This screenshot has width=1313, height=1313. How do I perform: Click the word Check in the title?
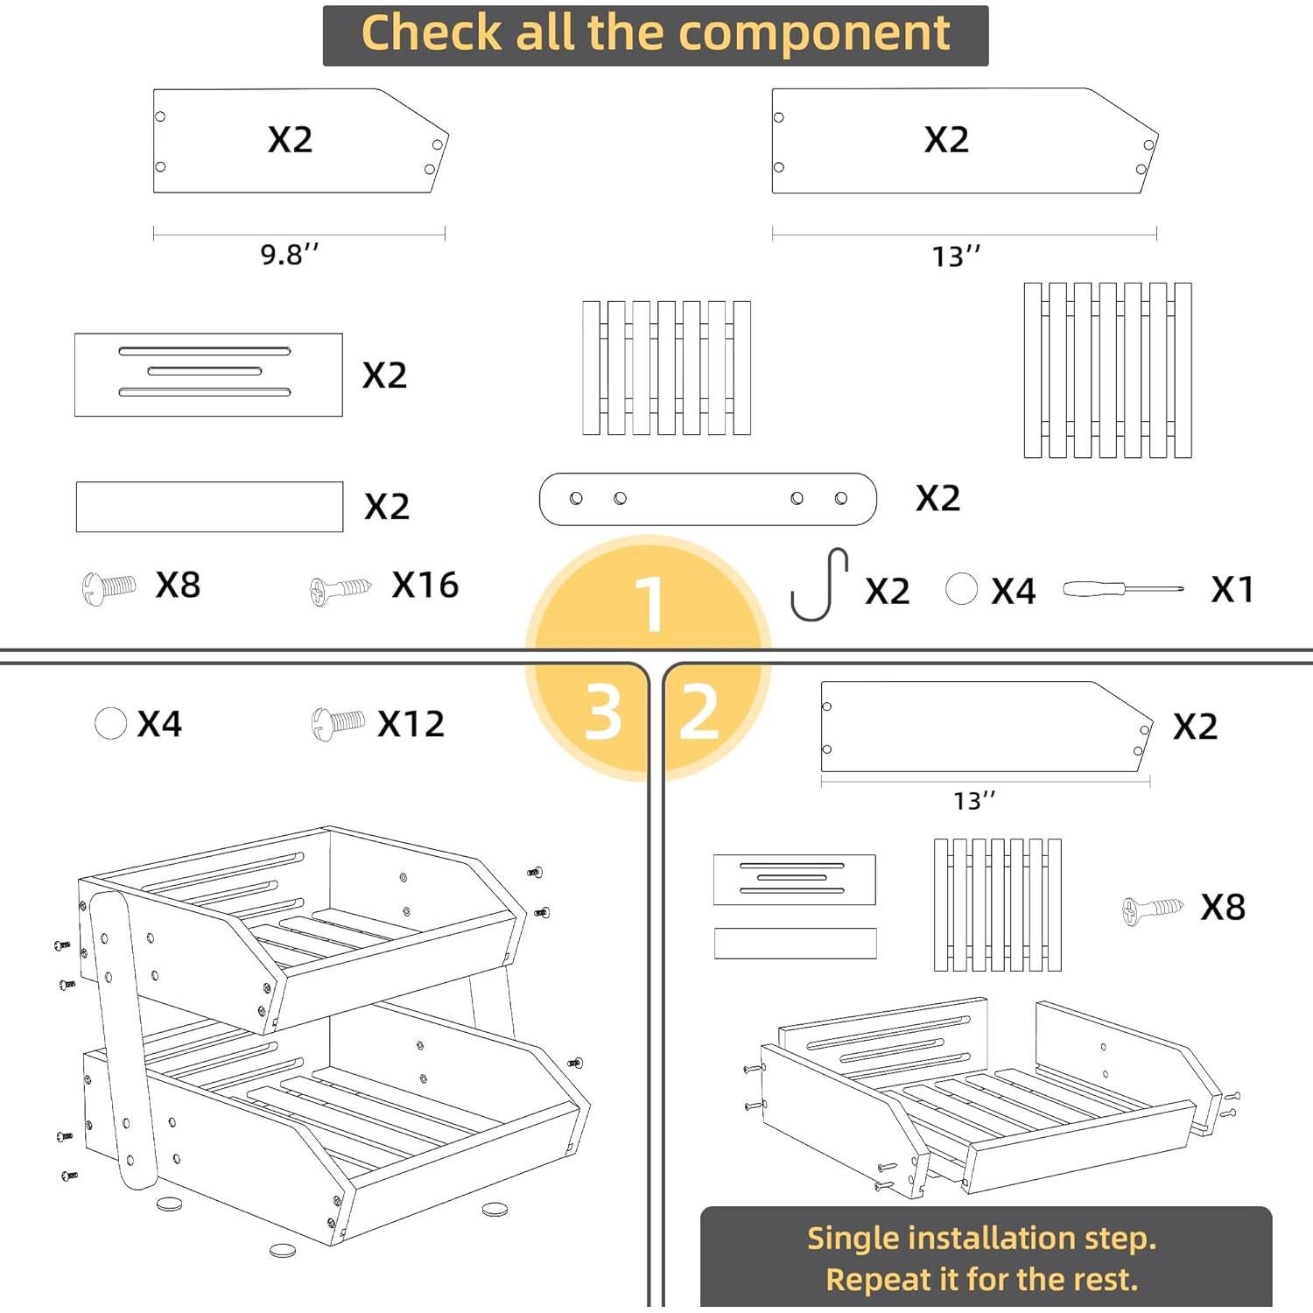point(432,34)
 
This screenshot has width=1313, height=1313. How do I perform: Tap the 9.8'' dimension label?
point(290,254)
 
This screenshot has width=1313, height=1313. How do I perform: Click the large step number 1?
point(649,604)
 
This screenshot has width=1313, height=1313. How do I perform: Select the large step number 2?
point(699,712)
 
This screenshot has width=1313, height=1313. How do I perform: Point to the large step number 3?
point(603,712)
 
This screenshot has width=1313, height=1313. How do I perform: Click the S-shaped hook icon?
point(819,584)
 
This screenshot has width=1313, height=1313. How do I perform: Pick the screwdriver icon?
point(1123,589)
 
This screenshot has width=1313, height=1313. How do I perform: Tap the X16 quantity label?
point(425,585)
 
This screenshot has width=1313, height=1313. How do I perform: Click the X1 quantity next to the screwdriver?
point(1232,589)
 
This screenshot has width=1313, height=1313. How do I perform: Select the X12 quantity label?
point(411,724)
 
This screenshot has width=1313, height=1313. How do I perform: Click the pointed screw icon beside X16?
point(341,589)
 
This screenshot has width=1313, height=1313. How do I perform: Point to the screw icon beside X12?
point(338,724)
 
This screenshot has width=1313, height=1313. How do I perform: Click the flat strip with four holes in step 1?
point(707,499)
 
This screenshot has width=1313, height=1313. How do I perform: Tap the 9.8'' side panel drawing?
point(300,140)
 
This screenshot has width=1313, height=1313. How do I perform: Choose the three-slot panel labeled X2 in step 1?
point(208,375)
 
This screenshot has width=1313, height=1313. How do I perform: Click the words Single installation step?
point(981,1238)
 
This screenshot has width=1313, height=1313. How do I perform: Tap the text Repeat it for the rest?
point(981,1280)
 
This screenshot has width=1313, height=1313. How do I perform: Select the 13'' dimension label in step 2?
point(974,801)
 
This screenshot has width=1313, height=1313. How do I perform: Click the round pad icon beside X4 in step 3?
point(110,724)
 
